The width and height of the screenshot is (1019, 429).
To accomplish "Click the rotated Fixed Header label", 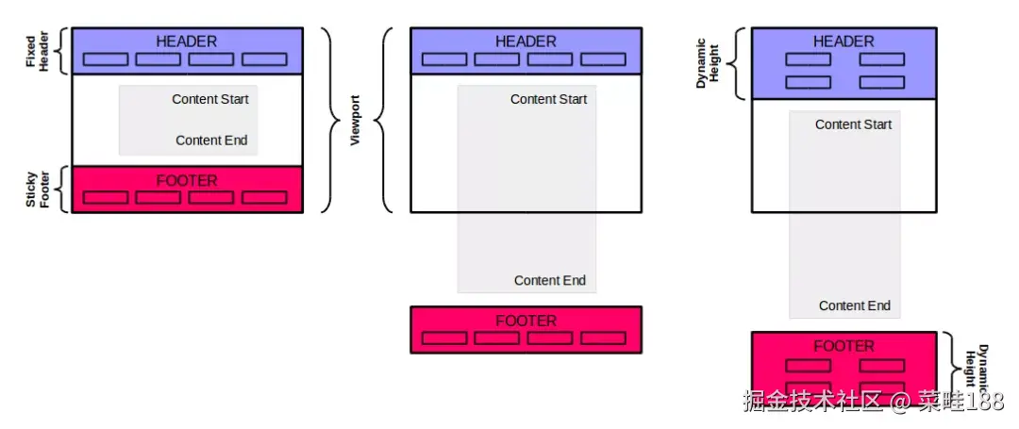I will [x=36, y=50].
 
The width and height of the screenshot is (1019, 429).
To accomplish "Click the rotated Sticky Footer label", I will [x=36, y=189].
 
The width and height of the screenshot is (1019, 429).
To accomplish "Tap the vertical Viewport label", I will [x=356, y=120].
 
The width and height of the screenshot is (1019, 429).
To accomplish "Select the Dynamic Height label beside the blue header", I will [x=708, y=63].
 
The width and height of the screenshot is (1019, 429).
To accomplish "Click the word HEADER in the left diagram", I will [x=186, y=41].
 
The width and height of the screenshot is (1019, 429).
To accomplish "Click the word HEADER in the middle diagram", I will [x=526, y=41].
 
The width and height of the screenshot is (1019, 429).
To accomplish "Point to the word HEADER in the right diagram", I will [x=844, y=41].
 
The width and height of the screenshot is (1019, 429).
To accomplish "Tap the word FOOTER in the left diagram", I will [x=186, y=180].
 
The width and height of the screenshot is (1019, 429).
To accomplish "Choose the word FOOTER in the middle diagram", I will [x=526, y=321].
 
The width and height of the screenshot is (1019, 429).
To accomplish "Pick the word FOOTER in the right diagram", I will [x=844, y=346].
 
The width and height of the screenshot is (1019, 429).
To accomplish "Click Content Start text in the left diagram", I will [x=210, y=99].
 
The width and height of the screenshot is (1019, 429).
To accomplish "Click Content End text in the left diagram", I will [x=211, y=140].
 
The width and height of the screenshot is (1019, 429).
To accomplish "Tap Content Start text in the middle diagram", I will [x=548, y=99].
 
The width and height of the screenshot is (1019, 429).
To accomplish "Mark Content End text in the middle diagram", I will [x=549, y=280].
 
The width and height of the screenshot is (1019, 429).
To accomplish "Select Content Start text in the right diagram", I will [x=853, y=124].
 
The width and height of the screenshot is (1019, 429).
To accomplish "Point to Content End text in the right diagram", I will [x=854, y=305].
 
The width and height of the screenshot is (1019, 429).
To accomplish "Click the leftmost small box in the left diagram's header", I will [x=105, y=59].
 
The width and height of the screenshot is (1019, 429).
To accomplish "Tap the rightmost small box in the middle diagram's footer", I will [x=602, y=338].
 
